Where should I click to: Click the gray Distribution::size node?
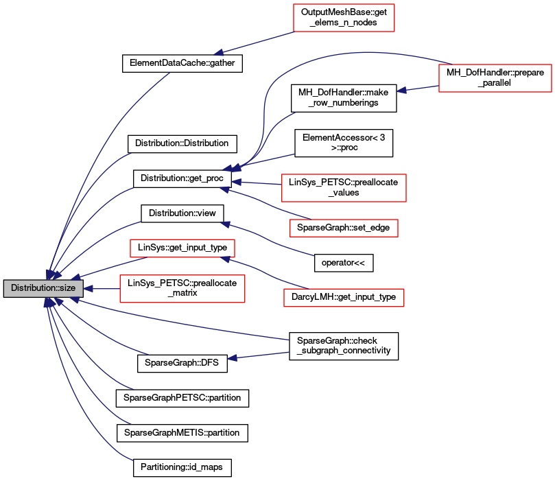click(43, 288)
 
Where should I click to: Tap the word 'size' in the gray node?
click(66, 288)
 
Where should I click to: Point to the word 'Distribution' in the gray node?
click(33, 288)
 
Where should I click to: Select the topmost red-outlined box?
click(344, 18)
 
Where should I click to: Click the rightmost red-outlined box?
click(495, 78)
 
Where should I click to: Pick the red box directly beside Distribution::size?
click(182, 288)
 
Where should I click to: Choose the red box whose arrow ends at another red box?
click(343, 297)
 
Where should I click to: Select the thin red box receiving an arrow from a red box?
click(182, 248)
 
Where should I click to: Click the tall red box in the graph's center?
click(344, 188)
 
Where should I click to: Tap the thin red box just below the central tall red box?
click(344, 228)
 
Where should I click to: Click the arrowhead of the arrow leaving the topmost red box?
click(218, 53)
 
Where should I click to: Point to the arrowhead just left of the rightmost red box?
click(401, 90)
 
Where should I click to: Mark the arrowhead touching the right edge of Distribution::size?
click(87, 288)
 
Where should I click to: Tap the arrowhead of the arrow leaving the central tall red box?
click(236, 182)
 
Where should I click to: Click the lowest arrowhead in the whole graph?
click(232, 357)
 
